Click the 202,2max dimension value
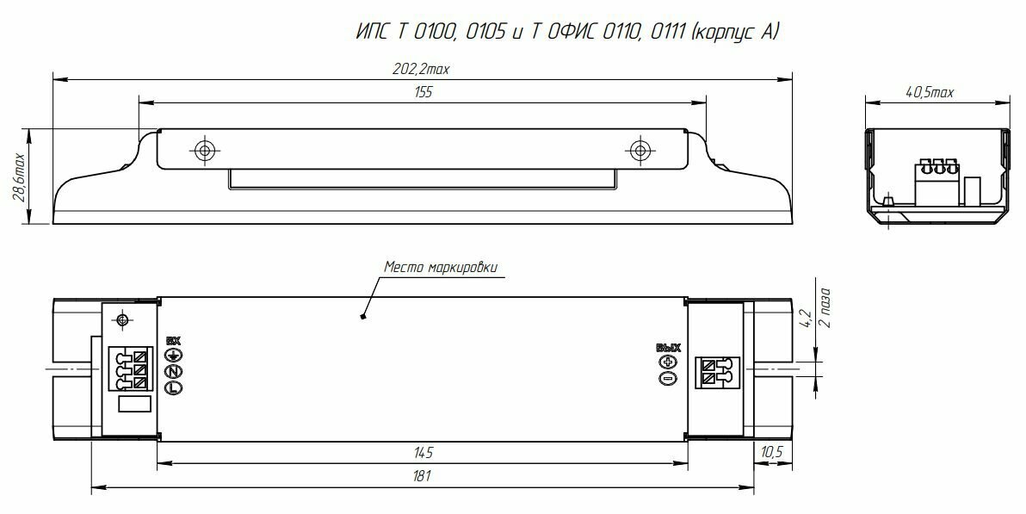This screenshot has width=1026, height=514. click(421, 70)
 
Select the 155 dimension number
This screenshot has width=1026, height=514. click(423, 92)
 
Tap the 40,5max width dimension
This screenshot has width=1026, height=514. click(929, 92)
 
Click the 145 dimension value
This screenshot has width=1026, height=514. click(423, 453)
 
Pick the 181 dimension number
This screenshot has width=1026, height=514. click(423, 476)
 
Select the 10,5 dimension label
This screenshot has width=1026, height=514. click(772, 453)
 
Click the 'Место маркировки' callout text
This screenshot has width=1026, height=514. click(441, 267)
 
